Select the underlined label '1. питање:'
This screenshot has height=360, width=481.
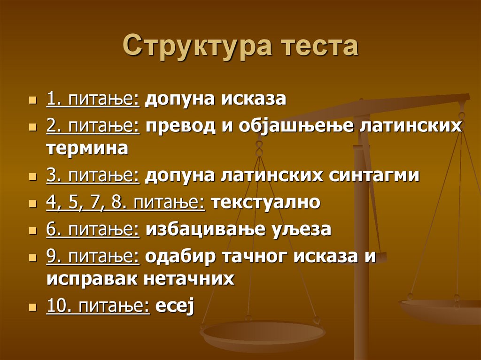(x=93, y=99)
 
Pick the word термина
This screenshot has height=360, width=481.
(x=87, y=148)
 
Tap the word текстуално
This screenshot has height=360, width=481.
(x=266, y=203)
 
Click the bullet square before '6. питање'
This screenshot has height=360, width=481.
(x=32, y=231)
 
